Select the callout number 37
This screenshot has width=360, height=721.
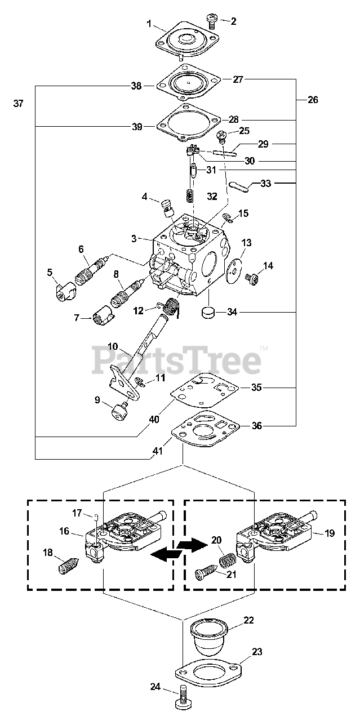pos(19,104)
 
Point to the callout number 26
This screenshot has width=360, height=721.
pos(313,100)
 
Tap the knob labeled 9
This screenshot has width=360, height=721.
pos(119,414)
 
